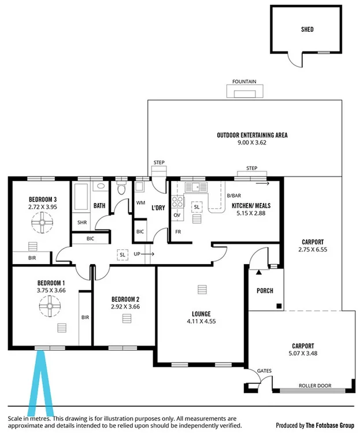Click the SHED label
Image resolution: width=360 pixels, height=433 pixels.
[x=307, y=29]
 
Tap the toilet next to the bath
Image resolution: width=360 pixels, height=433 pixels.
[x=121, y=189]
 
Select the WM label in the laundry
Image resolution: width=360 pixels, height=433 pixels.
[x=140, y=203]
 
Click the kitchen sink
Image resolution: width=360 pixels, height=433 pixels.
[x=196, y=186]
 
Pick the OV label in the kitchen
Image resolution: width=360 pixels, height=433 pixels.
[x=177, y=215]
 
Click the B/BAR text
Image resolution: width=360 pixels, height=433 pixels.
[x=234, y=195]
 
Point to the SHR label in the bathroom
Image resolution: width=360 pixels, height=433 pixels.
[x=82, y=222]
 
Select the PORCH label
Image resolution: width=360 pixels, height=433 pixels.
[x=265, y=291]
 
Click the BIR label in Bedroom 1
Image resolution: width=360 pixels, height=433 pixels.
[x=85, y=317]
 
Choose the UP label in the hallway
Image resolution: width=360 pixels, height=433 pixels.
[x=137, y=254]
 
